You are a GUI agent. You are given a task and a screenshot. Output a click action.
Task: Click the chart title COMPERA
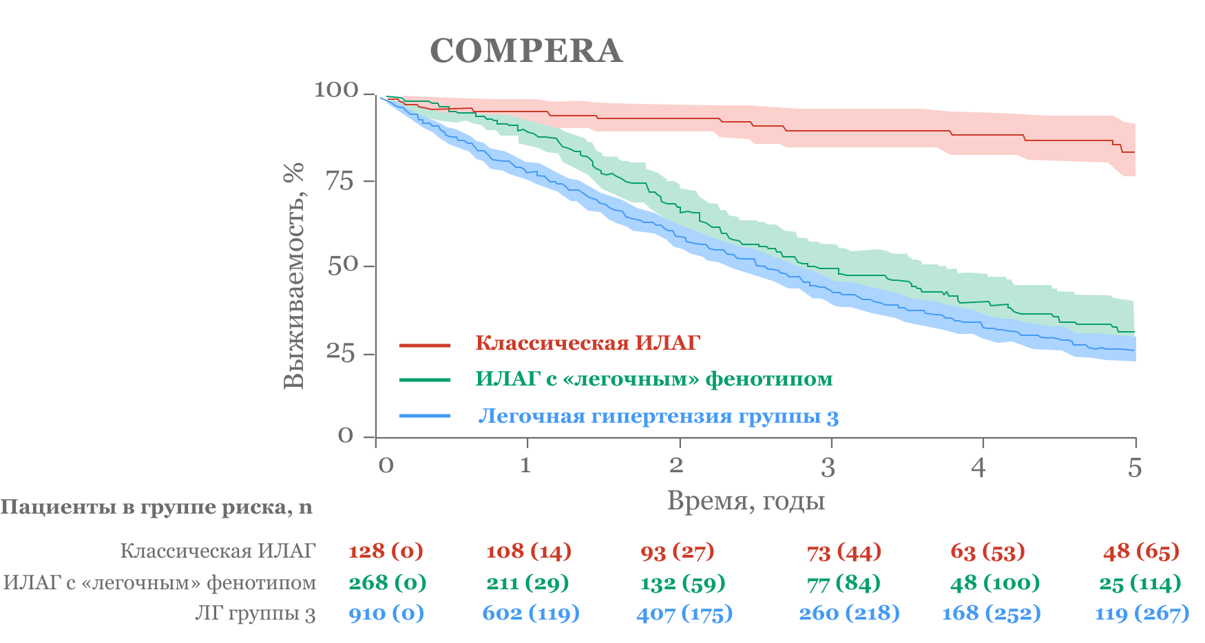click(x=526, y=51)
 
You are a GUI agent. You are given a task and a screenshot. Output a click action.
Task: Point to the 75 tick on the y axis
click(x=339, y=181)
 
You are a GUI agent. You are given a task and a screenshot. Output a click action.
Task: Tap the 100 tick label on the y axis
click(x=336, y=90)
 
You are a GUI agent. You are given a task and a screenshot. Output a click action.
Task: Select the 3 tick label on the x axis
click(x=828, y=468)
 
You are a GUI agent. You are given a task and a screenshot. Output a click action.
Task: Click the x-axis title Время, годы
click(x=746, y=500)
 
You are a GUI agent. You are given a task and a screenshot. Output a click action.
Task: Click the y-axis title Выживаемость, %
click(x=294, y=275)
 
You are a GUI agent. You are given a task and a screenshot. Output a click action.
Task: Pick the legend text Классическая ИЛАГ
click(x=587, y=343)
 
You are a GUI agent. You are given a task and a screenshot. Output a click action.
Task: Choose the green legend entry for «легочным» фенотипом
click(x=653, y=379)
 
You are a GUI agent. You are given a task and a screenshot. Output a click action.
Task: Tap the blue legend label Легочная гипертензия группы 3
click(x=658, y=417)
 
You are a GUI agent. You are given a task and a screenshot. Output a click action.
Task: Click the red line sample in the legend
click(x=425, y=344)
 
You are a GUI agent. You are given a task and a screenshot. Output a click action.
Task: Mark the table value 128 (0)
click(x=386, y=551)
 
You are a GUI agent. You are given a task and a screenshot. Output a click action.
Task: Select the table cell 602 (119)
click(x=531, y=613)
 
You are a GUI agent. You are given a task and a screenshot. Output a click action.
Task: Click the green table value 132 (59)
click(x=682, y=583)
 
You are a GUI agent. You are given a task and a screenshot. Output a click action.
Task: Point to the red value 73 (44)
click(x=844, y=552)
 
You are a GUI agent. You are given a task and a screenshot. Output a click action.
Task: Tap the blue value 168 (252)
click(x=991, y=613)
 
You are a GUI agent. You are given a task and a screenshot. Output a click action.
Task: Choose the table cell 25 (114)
click(x=1140, y=583)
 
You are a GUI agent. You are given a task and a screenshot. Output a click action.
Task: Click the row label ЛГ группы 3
click(x=255, y=613)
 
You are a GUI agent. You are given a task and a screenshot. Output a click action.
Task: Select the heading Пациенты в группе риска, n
click(x=156, y=507)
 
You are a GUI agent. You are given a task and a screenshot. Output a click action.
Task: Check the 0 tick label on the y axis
click(x=346, y=436)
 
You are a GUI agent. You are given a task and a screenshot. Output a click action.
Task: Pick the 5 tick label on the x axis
click(x=1135, y=468)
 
